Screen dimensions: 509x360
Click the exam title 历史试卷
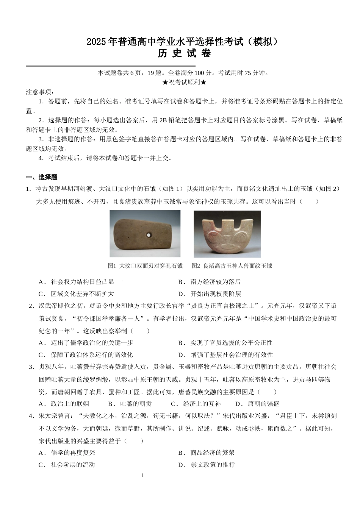coord(184,54)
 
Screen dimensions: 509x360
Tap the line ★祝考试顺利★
coord(184,83)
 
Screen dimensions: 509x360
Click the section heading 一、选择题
coord(42,177)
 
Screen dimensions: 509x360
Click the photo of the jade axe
coord(227,234)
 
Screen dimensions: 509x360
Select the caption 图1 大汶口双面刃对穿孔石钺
coord(145,266)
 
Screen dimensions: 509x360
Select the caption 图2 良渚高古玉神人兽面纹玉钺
coord(232,266)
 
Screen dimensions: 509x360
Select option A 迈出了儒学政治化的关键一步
coord(91,343)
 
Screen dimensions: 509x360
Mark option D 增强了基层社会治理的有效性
coord(231,355)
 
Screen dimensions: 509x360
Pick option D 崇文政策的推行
coord(212,465)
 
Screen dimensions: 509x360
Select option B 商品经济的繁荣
coord(212,453)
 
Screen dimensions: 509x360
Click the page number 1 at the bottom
coord(142,475)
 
